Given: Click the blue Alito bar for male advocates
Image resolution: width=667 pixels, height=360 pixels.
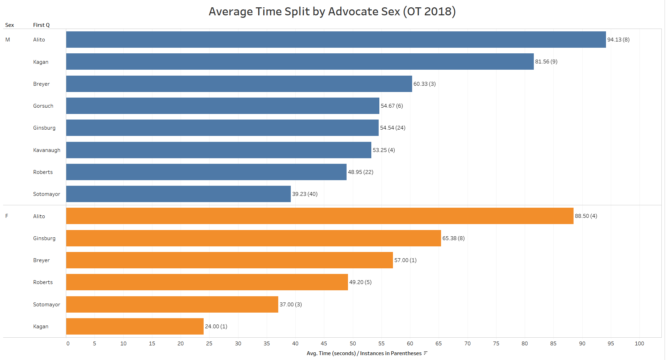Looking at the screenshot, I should (336, 39).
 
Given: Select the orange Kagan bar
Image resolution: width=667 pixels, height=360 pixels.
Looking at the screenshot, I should (135, 326).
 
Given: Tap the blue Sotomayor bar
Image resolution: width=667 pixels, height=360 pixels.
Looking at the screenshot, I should (178, 194).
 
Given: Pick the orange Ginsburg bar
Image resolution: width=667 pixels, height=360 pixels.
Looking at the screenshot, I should (253, 238).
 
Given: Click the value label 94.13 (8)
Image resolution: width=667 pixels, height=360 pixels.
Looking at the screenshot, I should (618, 40).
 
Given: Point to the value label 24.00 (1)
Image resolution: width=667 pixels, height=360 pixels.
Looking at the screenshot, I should (216, 327).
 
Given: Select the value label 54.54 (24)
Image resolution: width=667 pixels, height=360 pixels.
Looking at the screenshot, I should (393, 128).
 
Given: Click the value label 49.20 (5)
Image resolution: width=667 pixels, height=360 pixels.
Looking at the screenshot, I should (360, 282).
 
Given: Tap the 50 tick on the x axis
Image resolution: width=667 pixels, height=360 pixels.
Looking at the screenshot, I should (353, 344).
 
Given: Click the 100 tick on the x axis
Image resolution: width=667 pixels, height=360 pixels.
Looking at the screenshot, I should (639, 344).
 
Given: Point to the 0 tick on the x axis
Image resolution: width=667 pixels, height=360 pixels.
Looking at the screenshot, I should (68, 344).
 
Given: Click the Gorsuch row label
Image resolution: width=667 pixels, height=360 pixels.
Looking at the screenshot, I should (43, 106).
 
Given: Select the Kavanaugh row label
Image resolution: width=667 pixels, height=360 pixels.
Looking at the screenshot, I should (47, 150).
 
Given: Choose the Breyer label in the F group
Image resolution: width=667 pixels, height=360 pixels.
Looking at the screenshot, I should (41, 260).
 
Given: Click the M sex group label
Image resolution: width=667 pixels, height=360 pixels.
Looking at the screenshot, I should (8, 40).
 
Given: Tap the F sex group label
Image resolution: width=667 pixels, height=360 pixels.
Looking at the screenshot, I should (7, 216).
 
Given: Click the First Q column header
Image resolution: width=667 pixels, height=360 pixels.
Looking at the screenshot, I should (41, 25).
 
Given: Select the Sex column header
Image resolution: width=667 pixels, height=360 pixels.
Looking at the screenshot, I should (9, 25).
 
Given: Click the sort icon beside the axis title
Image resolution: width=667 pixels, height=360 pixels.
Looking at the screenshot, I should (425, 353).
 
